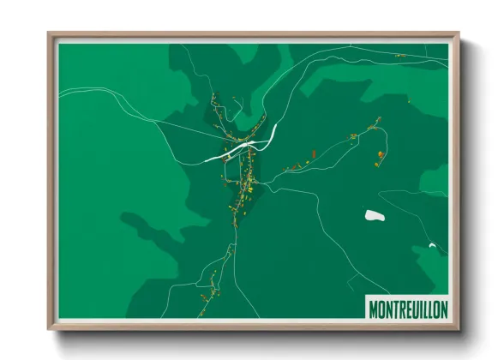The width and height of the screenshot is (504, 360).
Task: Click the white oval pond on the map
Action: [x=373, y=215]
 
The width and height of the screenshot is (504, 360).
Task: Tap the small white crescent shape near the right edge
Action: [x=433, y=247]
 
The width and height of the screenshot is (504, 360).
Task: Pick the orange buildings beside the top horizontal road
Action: [x=400, y=56]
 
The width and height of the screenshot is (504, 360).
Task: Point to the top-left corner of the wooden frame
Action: [x=49, y=33]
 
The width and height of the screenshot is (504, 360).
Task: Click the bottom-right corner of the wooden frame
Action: [x=459, y=328]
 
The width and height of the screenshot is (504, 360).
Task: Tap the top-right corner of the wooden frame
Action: [x=459, y=33]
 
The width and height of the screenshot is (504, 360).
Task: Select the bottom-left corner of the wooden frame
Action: [x=49, y=328]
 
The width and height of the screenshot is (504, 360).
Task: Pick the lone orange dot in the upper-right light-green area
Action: [x=410, y=102]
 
